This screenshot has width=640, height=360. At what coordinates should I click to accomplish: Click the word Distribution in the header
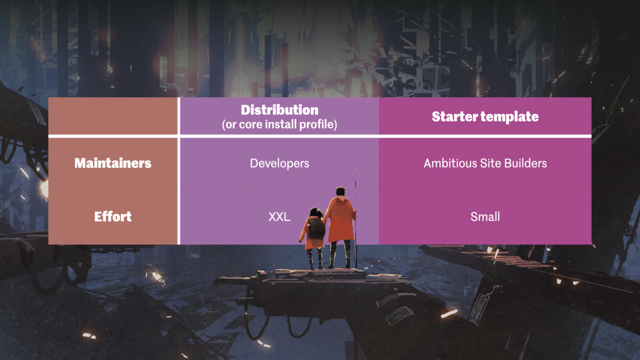pyautogui.click(x=279, y=110)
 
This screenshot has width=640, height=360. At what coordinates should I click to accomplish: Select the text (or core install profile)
pyautogui.click(x=279, y=124)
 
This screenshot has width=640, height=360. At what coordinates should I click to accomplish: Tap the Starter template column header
pyautogui.click(x=485, y=116)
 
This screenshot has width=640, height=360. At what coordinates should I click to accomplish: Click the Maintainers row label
pyautogui.click(x=113, y=163)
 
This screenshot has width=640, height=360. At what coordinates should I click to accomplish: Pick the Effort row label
pyautogui.click(x=113, y=216)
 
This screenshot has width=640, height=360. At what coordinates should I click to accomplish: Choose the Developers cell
pyautogui.click(x=279, y=163)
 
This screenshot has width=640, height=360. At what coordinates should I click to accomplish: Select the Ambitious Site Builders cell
pyautogui.click(x=485, y=163)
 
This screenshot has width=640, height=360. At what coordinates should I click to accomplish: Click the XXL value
pyautogui.click(x=279, y=216)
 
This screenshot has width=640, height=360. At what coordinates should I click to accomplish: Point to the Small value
pyautogui.click(x=485, y=216)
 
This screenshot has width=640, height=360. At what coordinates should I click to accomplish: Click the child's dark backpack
pyautogui.click(x=316, y=228)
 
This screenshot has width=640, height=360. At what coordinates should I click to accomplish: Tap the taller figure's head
pyautogui.click(x=340, y=191)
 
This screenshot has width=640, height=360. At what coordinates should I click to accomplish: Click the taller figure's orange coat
pyautogui.click(x=341, y=220)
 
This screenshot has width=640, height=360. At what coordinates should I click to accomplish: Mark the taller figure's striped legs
pyautogui.click(x=339, y=254)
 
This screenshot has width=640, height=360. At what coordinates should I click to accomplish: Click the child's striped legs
pyautogui.click(x=315, y=257)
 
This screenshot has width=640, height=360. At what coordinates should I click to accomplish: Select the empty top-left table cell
pyautogui.click(x=113, y=116)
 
